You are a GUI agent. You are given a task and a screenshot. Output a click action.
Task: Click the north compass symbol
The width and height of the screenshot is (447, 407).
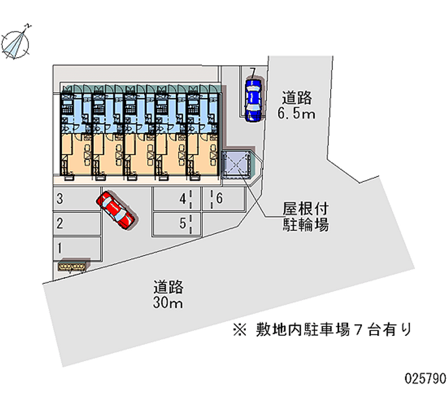[x=16, y=43]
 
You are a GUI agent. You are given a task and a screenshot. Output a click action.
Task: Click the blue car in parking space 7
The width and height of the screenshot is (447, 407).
[x=253, y=100]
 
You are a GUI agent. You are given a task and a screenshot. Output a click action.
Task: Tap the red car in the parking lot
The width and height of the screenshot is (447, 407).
[x=116, y=209]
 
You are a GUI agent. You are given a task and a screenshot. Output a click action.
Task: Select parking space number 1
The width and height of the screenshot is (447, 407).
[x=77, y=248]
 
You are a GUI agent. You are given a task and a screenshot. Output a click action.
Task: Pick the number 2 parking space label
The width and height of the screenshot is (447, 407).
[x=60, y=223]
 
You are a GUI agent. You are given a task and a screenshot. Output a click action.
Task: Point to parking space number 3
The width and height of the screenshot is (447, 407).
[x=77, y=199]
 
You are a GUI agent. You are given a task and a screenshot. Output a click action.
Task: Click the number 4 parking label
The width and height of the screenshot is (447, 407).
[x=183, y=199]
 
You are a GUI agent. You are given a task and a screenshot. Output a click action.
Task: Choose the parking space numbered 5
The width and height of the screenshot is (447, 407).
[x=177, y=223]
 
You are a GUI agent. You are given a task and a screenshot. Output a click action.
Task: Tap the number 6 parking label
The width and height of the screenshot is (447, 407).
[x=219, y=198]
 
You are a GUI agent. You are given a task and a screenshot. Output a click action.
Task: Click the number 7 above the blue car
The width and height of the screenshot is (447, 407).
[x=253, y=73]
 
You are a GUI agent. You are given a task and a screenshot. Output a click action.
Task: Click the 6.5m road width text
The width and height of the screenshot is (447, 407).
[x=297, y=114]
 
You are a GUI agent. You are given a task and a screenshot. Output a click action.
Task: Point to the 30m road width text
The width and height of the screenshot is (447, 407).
[x=168, y=302]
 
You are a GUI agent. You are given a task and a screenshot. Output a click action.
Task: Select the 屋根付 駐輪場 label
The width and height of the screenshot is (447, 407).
[x=306, y=217]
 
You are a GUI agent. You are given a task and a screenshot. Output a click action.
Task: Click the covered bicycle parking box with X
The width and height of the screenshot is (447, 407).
[x=236, y=165]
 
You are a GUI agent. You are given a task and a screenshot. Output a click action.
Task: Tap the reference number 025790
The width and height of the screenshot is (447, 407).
[x=426, y=378]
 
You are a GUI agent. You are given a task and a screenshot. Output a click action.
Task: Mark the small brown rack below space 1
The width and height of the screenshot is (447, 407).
[x=72, y=267]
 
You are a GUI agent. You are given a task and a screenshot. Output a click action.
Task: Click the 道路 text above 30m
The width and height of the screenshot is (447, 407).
[x=169, y=287]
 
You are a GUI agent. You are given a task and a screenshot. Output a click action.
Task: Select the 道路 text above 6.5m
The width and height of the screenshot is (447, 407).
[x=297, y=97]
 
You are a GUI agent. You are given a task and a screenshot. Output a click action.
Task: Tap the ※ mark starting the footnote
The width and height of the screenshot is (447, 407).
[x=240, y=330]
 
